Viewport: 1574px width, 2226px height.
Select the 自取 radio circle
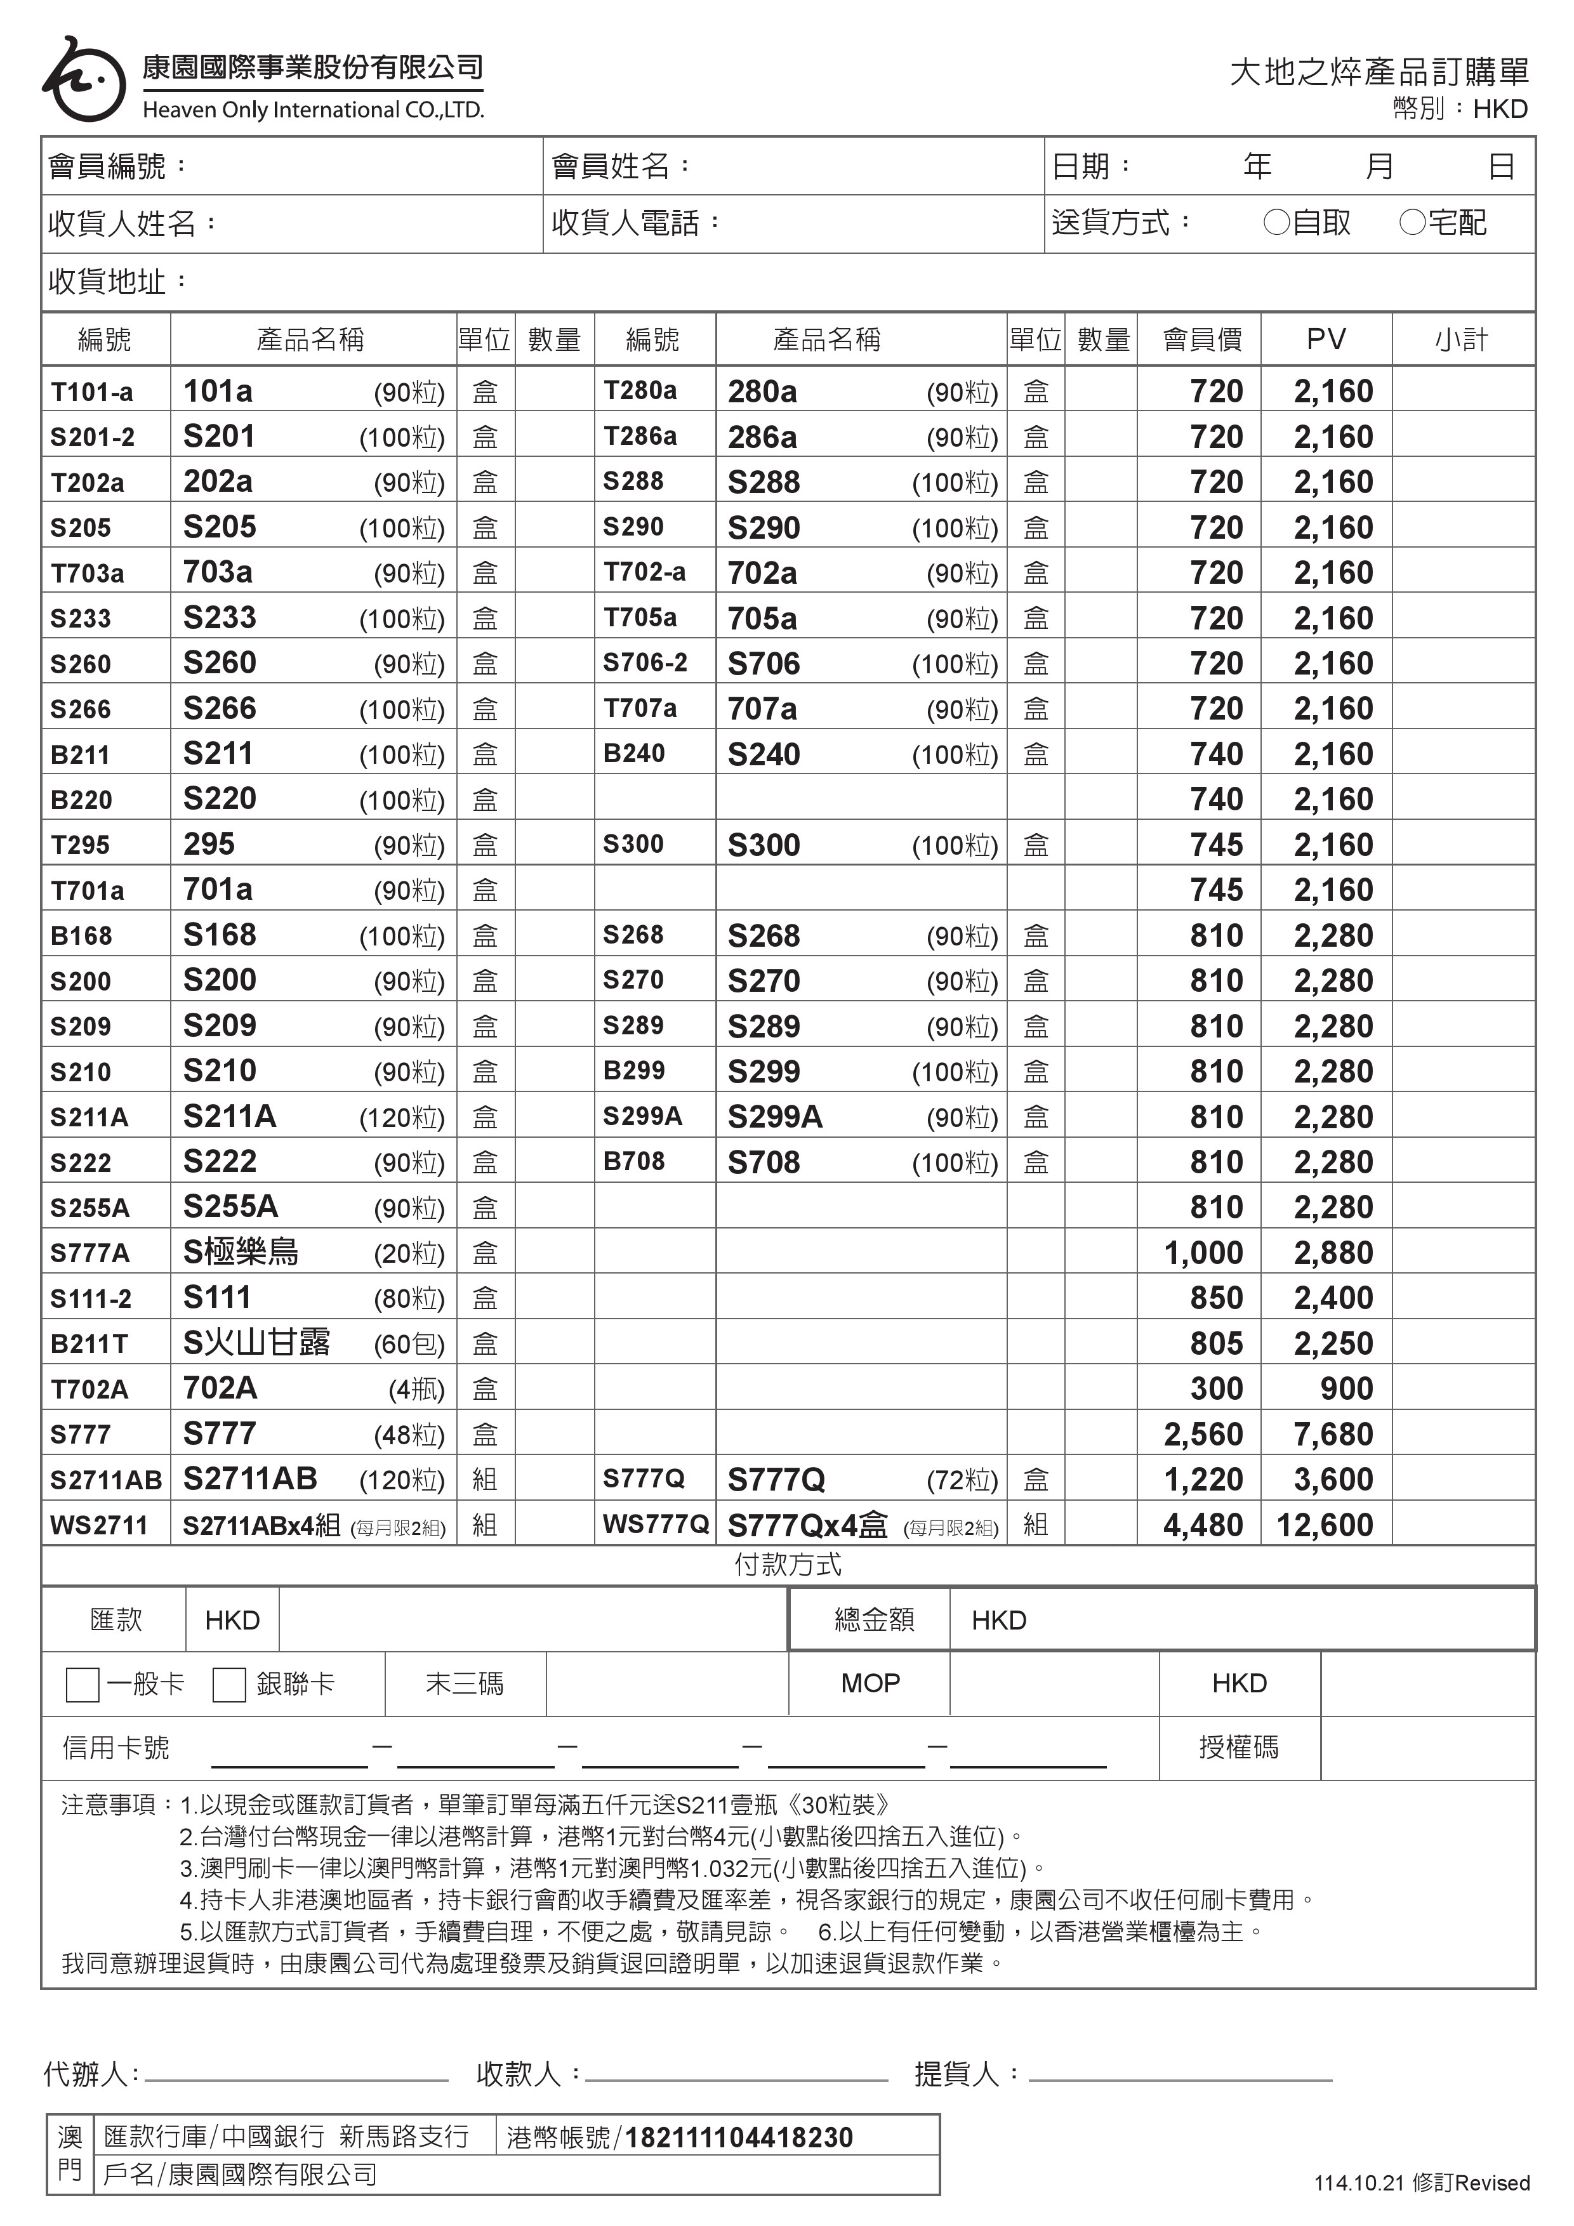pos(1276,223)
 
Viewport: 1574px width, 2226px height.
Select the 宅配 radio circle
pos(1412,223)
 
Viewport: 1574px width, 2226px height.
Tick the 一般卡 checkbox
pos(83,1684)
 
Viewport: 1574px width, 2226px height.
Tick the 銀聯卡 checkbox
pos(229,1684)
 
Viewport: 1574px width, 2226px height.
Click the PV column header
pos(1326,339)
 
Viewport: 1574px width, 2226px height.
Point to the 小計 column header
pos(1462,339)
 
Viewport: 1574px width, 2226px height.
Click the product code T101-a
pos(92,392)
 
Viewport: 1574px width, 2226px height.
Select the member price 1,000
pos(1203,1253)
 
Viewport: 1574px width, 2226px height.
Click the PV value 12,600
pos(1325,1525)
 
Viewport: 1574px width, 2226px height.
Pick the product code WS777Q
pos(656,1524)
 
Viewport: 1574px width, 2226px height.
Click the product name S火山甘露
pos(257,1343)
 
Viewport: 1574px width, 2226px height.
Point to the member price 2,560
pos(1203,1434)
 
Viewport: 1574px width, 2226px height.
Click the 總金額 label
pos(874,1619)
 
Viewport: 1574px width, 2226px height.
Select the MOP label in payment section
pos(870,1683)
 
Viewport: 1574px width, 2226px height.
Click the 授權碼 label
pos(1238,1747)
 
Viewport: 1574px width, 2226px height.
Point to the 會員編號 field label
pos(116,167)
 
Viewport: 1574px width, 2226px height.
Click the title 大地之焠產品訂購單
pos(1379,72)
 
